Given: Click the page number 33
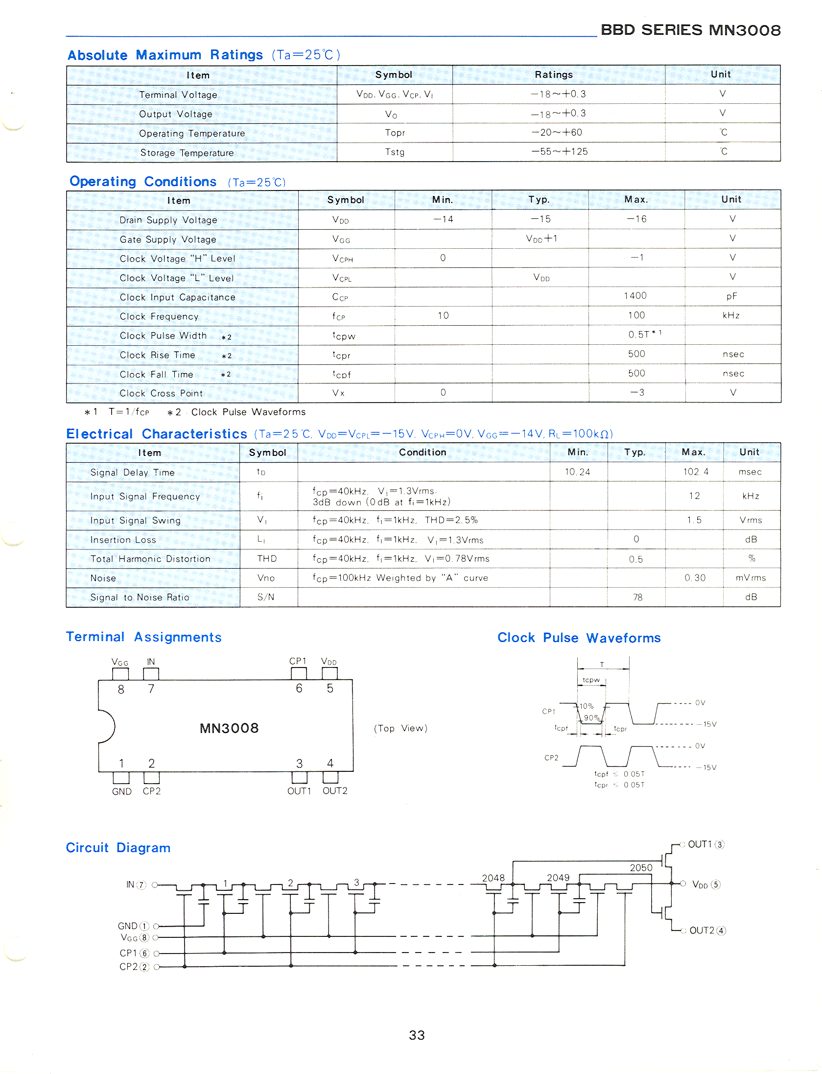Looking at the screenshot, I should point(417,1035).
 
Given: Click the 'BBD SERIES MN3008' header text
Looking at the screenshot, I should point(690,30).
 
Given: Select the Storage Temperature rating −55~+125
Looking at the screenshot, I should point(560,152).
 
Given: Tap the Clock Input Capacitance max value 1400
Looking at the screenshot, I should point(635,296).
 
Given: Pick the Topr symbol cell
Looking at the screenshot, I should point(395,133).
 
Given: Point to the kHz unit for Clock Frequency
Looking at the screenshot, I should point(731,315).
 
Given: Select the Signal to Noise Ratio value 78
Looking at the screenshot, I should point(637,597).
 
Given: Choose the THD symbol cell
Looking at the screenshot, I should point(267,559).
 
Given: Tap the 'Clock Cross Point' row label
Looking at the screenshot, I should point(161,393).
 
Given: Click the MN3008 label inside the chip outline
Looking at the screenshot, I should point(229,728).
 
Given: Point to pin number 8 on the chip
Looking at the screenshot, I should point(121,690).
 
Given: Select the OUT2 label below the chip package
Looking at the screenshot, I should point(335,791).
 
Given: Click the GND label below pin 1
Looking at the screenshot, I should point(121,791).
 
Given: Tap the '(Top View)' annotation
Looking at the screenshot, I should point(400,728).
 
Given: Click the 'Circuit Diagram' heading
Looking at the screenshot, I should point(118,848).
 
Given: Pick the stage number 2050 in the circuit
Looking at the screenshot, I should point(641,868).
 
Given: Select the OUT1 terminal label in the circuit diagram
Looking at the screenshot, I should point(700,844).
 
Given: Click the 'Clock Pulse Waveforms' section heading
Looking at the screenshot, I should point(579,638).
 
